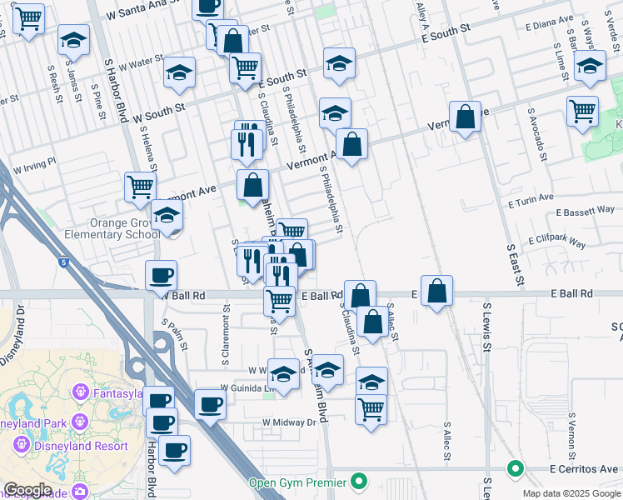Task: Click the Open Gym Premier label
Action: (x=297, y=482)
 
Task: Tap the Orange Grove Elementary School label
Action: (x=112, y=229)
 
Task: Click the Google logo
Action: (x=27, y=490)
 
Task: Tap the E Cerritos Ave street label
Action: (x=585, y=468)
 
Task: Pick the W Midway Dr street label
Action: (x=289, y=422)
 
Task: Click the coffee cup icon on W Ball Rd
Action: (x=161, y=275)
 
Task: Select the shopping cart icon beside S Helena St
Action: (x=141, y=187)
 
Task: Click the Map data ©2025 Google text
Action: (x=571, y=493)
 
